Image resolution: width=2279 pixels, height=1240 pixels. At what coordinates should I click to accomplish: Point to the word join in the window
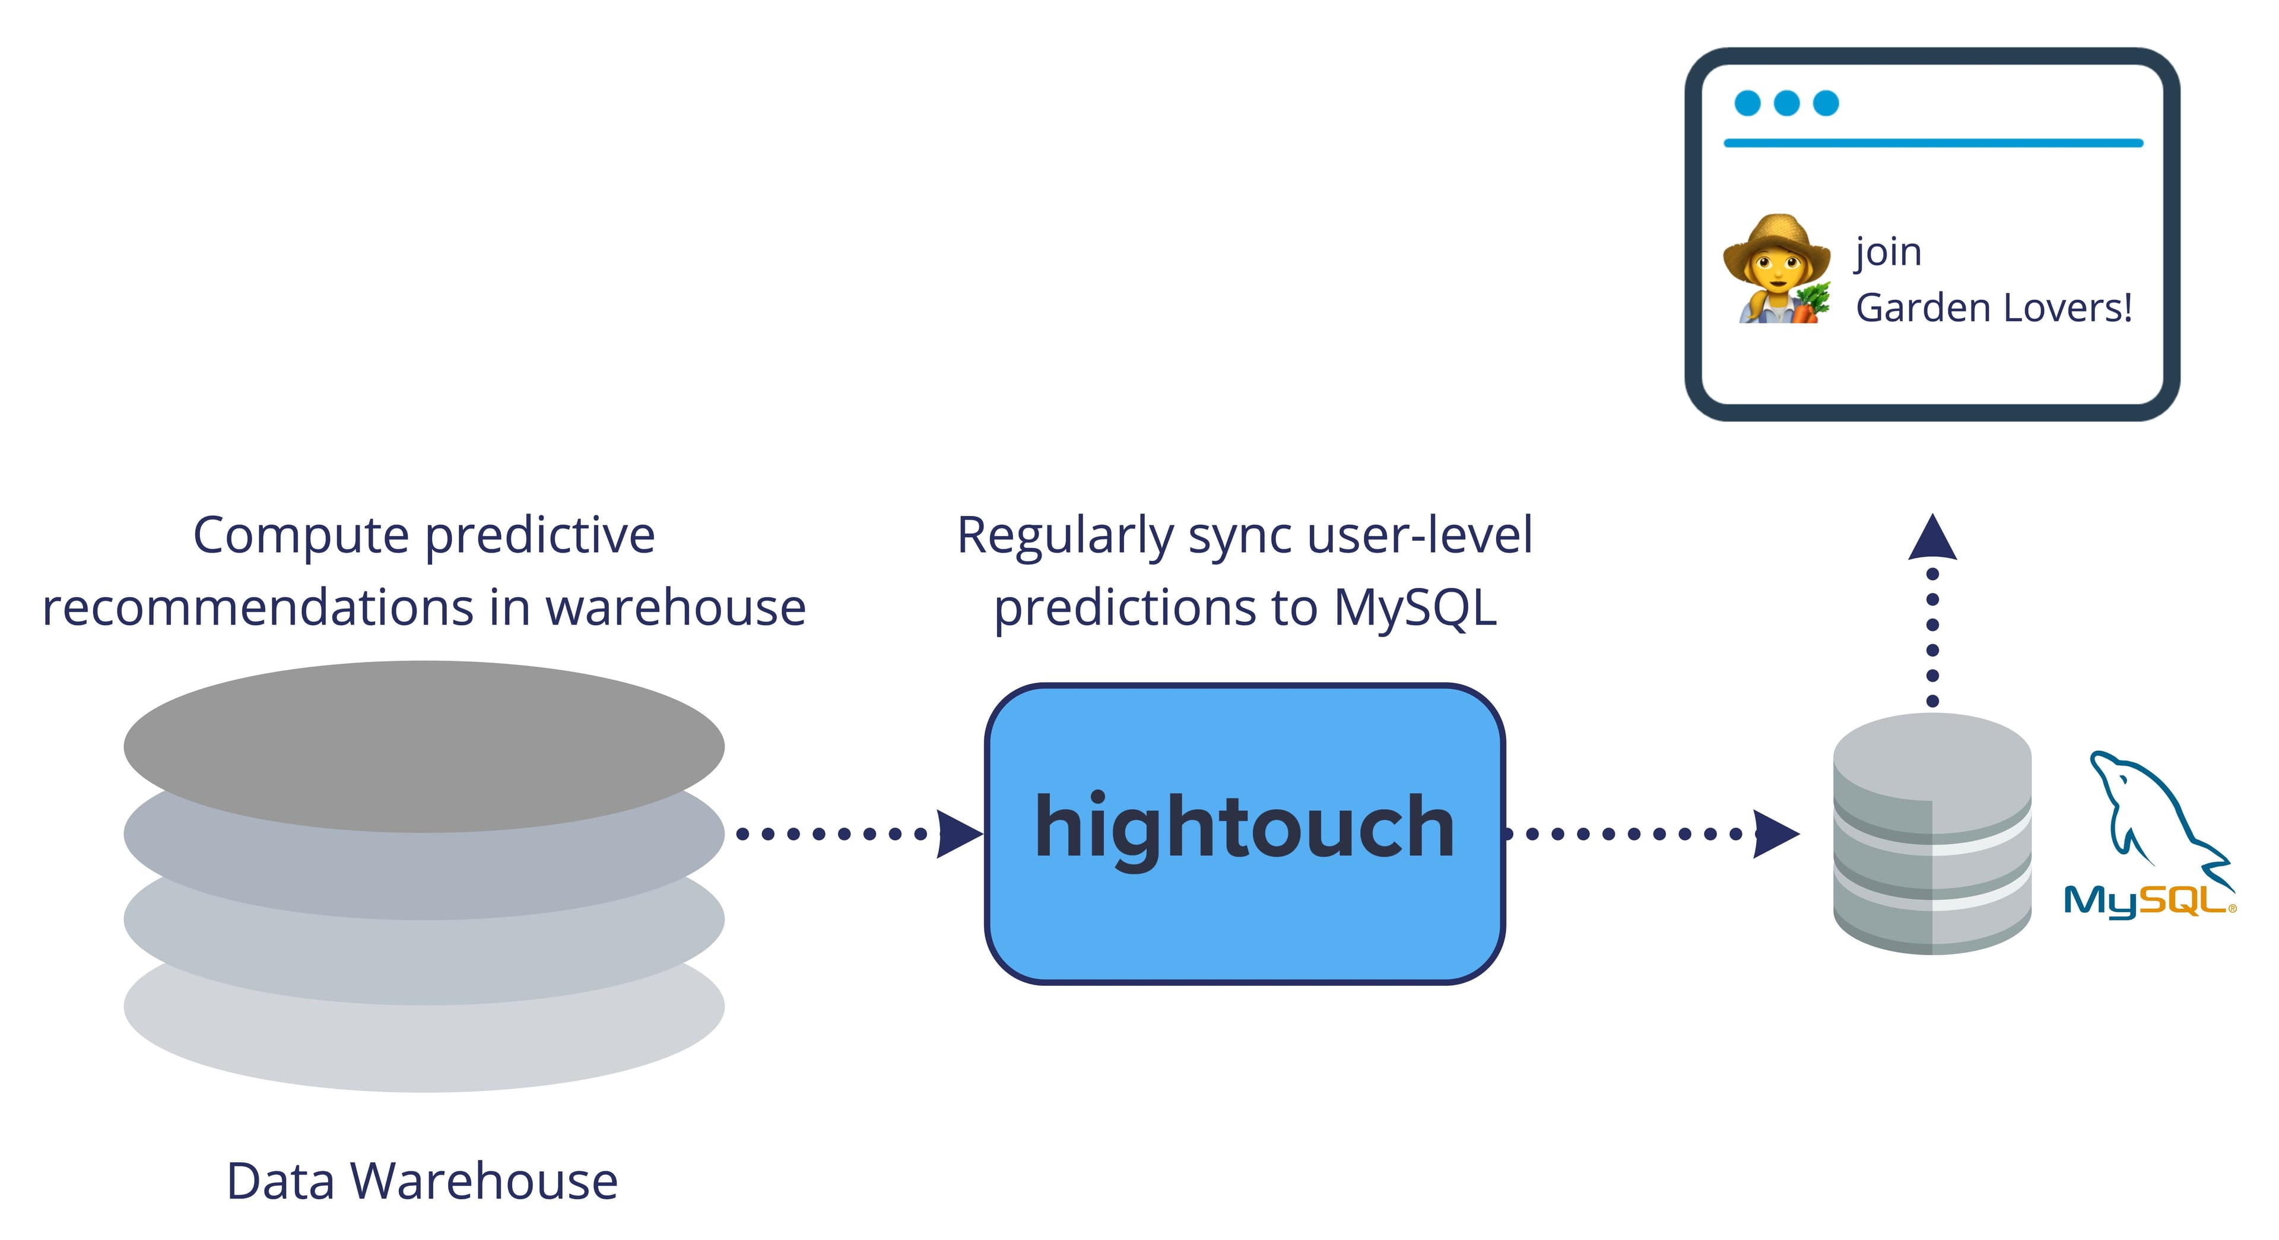click(1888, 252)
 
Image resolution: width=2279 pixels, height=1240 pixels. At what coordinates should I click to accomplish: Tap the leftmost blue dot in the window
click(1747, 103)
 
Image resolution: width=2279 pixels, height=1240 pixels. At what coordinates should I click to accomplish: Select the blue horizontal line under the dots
click(1932, 142)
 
